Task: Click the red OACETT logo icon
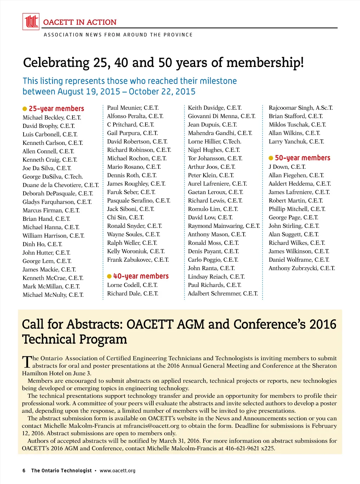pos(31,21)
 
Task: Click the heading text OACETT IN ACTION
pos(80,22)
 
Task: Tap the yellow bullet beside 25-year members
pos(25,109)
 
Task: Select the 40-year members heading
pos(141,276)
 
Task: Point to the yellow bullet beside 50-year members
pos(271,158)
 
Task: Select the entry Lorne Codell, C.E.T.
pos(132,285)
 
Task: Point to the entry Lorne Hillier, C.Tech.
pos(214,141)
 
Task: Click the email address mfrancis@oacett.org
pos(151,426)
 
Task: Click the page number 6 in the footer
pos(24,471)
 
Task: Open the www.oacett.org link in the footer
pos(117,471)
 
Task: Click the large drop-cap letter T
pos(27,362)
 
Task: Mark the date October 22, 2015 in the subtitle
pos(162,92)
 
